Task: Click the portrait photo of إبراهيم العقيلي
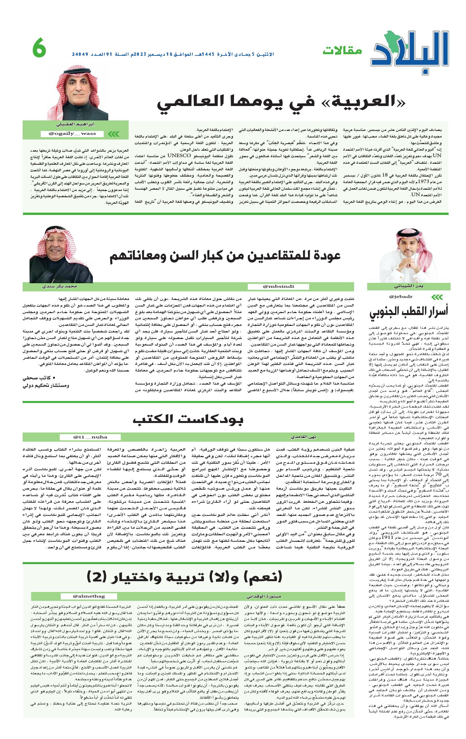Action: click(x=78, y=93)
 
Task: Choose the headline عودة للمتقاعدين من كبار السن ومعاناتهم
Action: click(x=225, y=256)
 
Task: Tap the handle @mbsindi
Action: click(x=278, y=286)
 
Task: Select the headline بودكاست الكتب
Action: click(x=188, y=420)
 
